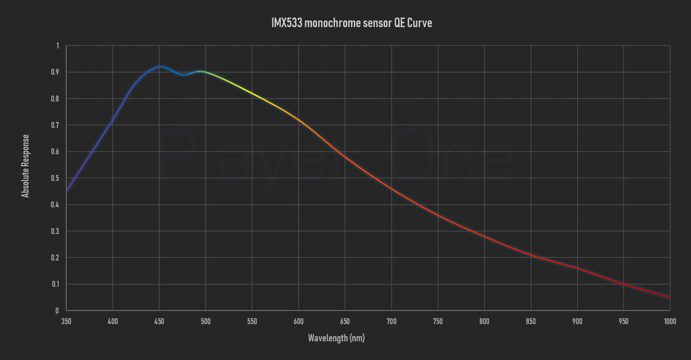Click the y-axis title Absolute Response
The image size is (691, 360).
pos(26,166)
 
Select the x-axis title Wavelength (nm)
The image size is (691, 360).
pos(336,338)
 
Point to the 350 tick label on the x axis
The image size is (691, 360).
pos(66,321)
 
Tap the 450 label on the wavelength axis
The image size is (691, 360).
pos(159,321)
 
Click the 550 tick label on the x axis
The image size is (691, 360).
pos(252,321)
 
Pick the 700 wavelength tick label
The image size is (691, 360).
pos(391,321)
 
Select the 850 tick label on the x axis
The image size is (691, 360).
pos(531,321)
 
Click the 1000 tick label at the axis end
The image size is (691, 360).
pos(669,321)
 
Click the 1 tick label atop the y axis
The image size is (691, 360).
pos(57,45)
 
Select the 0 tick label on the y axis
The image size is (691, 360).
pos(57,310)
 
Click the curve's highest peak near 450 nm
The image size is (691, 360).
pos(160,67)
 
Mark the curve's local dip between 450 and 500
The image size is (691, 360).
pos(184,75)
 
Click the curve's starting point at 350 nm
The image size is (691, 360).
pos(67,191)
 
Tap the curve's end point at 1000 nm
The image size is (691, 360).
pos(669,297)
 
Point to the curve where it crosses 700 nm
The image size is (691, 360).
pos(391,189)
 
